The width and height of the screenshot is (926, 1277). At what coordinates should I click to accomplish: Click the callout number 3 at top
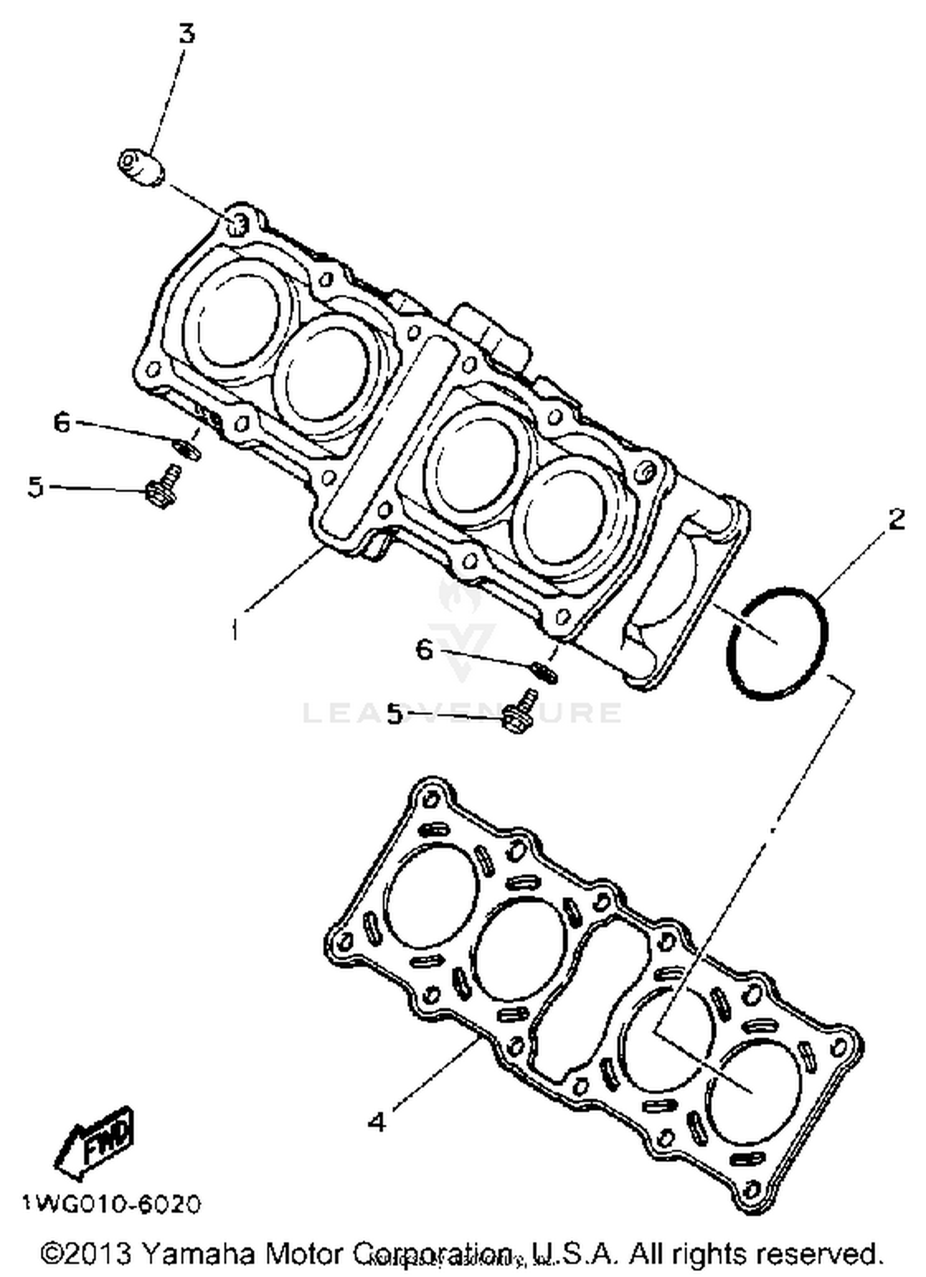click(x=186, y=34)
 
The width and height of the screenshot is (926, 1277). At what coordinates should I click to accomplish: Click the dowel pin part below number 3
click(x=141, y=167)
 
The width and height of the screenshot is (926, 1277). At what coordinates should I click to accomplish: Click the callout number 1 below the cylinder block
click(x=235, y=630)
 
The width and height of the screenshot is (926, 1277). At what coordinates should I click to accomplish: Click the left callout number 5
click(x=36, y=487)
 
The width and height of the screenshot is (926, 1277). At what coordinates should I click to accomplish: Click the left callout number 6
click(x=62, y=423)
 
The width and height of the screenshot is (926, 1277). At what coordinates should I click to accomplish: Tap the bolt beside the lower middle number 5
click(x=517, y=713)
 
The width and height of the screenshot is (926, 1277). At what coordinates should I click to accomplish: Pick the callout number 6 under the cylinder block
click(x=424, y=649)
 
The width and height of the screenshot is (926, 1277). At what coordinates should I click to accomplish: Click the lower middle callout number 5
click(x=395, y=714)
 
